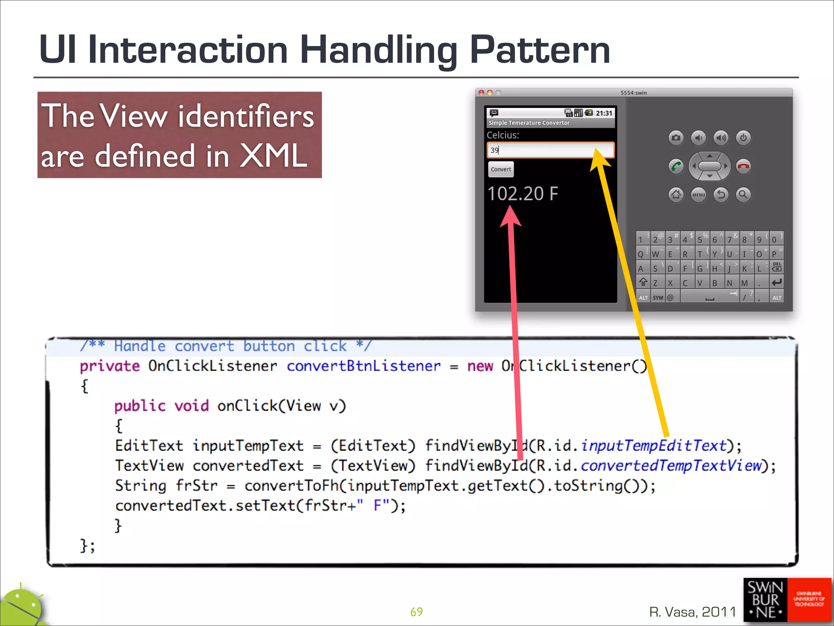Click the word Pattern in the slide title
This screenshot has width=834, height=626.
tap(540, 50)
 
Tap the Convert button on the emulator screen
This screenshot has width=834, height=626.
tap(500, 169)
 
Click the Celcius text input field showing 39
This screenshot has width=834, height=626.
tap(550, 150)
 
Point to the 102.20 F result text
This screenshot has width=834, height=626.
tap(522, 194)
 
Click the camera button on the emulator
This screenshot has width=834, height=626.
tap(676, 138)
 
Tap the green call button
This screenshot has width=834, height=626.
tap(676, 166)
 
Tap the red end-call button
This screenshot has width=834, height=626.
tap(744, 166)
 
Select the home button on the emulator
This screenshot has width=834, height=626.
tap(676, 194)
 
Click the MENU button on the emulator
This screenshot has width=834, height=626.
tap(699, 195)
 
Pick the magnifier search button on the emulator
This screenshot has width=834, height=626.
tap(743, 194)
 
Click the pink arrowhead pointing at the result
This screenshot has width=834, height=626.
tap(511, 216)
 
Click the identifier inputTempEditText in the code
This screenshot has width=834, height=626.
tap(654, 445)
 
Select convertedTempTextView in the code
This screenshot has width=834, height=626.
tap(671, 465)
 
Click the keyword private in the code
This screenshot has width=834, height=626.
tap(110, 366)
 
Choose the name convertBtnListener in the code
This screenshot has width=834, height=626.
tap(364, 366)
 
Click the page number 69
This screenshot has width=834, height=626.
tap(416, 612)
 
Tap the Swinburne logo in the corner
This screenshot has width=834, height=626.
tap(787, 600)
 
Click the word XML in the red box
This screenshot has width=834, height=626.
tap(273, 156)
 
